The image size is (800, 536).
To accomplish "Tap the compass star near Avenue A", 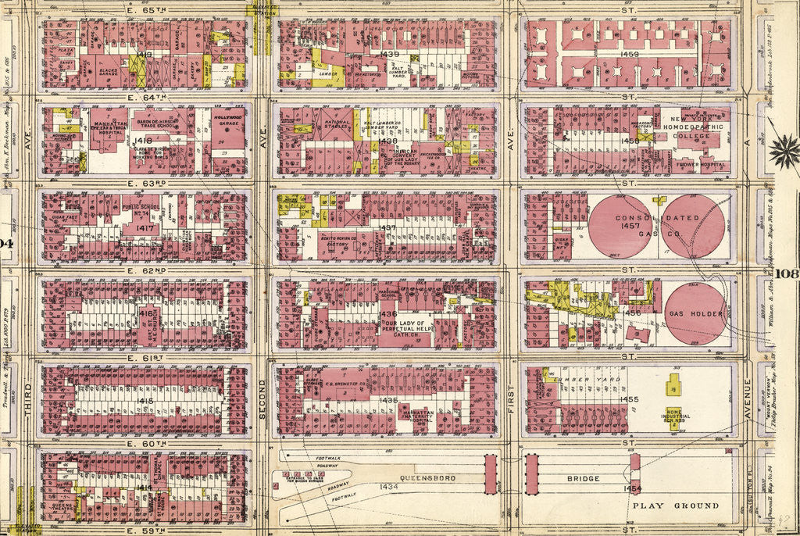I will coord(784,151).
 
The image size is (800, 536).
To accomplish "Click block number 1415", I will coord(145,400).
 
